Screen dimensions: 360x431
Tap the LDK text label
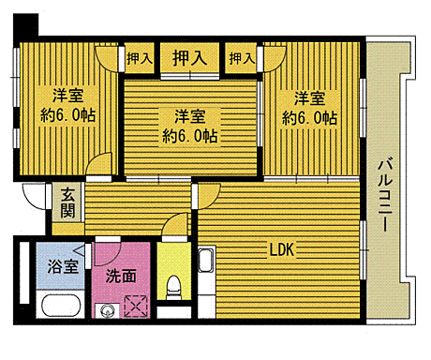[282, 251]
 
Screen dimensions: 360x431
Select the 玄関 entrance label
[68, 203]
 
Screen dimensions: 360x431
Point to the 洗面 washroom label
[118, 277]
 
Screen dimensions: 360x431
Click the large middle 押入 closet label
[190, 57]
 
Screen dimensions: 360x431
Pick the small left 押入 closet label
[139, 58]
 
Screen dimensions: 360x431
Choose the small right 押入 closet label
[242, 58]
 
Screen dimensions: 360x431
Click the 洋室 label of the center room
[189, 117]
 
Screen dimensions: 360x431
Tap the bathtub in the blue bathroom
[57, 306]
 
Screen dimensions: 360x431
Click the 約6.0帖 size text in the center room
[189, 137]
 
